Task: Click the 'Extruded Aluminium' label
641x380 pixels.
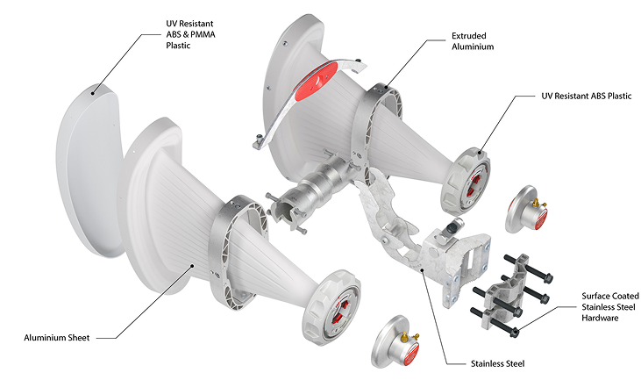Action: [x=473, y=41]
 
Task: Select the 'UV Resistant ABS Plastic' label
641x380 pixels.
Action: [x=587, y=97]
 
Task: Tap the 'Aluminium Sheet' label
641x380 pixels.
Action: [x=57, y=338]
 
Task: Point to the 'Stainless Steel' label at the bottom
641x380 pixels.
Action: [x=497, y=363]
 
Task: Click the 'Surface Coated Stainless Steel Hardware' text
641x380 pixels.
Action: [x=610, y=307]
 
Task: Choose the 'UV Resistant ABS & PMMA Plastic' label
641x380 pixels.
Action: [x=190, y=34]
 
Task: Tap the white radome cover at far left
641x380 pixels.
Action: [x=87, y=172]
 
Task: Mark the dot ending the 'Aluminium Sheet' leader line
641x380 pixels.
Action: [x=192, y=266]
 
